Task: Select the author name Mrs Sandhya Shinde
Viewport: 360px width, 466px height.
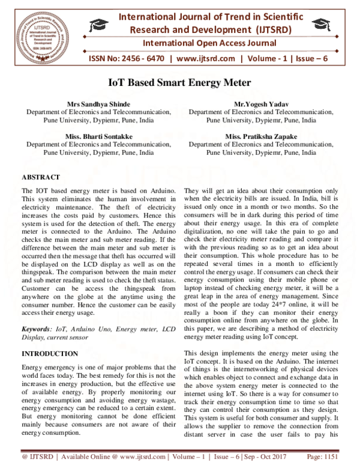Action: point(98,104)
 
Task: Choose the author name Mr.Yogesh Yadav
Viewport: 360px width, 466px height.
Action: point(261,104)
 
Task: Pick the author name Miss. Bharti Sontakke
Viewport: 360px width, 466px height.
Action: point(98,137)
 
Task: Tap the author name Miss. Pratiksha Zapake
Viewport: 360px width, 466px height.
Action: point(261,137)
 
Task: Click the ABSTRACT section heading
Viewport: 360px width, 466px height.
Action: point(40,178)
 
